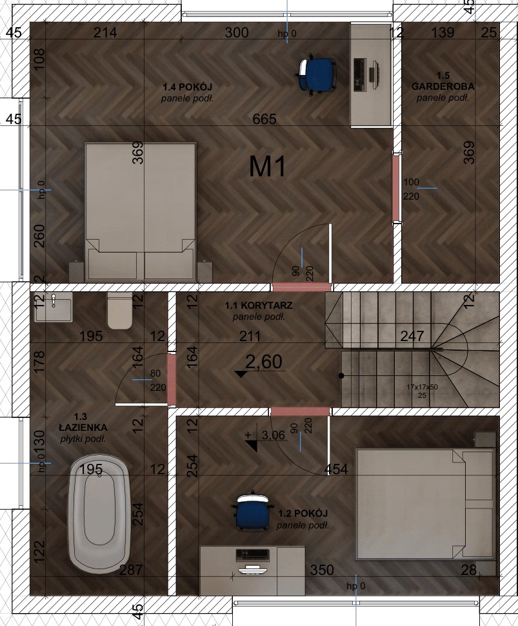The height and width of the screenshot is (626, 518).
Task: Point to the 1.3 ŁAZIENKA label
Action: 82,427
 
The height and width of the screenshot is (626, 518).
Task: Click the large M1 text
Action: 268,167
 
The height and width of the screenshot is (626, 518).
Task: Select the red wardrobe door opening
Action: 397,189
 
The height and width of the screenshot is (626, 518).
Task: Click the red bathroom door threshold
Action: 171,380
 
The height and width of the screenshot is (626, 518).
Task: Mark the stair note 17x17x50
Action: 422,386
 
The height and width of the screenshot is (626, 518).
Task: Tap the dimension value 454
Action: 337,470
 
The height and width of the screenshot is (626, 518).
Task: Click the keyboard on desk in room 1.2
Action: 253,554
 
